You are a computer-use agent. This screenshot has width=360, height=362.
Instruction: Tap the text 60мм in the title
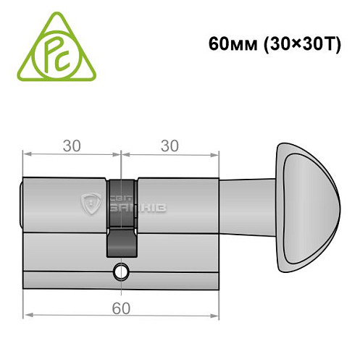click(x=226, y=42)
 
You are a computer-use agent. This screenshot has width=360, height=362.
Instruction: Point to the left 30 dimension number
click(x=71, y=146)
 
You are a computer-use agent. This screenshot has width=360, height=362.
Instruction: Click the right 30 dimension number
click(x=169, y=146)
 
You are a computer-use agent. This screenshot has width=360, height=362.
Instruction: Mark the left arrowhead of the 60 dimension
click(x=27, y=316)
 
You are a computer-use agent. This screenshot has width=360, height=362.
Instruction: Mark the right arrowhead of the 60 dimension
click(x=215, y=316)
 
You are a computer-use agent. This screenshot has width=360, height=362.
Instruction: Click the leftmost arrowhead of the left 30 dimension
click(x=27, y=154)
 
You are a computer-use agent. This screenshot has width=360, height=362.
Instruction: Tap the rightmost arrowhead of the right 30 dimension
click(x=215, y=154)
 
